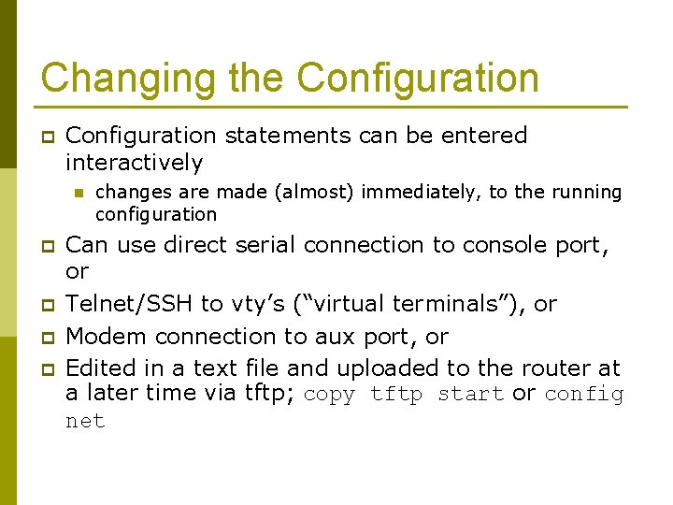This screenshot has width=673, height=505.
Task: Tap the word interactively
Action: (x=134, y=163)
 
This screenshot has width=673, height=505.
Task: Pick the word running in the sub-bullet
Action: (x=586, y=193)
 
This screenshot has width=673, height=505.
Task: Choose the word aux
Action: (x=354, y=336)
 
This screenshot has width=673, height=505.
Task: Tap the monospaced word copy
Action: (x=329, y=395)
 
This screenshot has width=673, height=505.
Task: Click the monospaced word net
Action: (x=85, y=422)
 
